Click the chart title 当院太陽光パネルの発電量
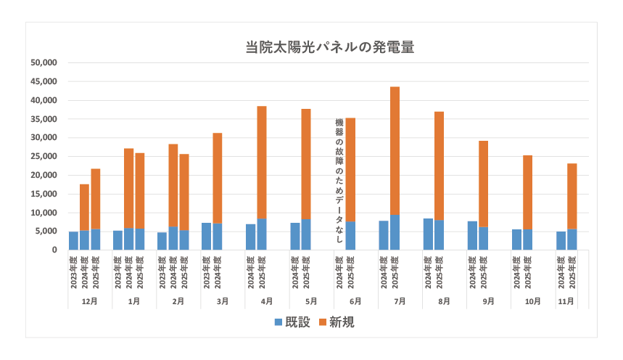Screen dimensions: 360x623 click(x=329, y=48)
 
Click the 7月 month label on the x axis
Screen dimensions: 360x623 click(x=400, y=300)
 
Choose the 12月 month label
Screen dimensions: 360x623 click(x=90, y=300)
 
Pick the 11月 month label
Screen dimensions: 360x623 click(x=566, y=300)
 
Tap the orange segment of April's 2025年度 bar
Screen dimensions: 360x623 click(x=262, y=163)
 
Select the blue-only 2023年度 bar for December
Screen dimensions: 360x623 click(x=73, y=241)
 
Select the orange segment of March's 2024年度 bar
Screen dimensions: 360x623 click(x=218, y=178)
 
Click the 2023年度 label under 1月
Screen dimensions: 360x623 click(x=117, y=272)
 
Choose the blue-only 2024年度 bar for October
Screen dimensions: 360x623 click(x=516, y=240)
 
